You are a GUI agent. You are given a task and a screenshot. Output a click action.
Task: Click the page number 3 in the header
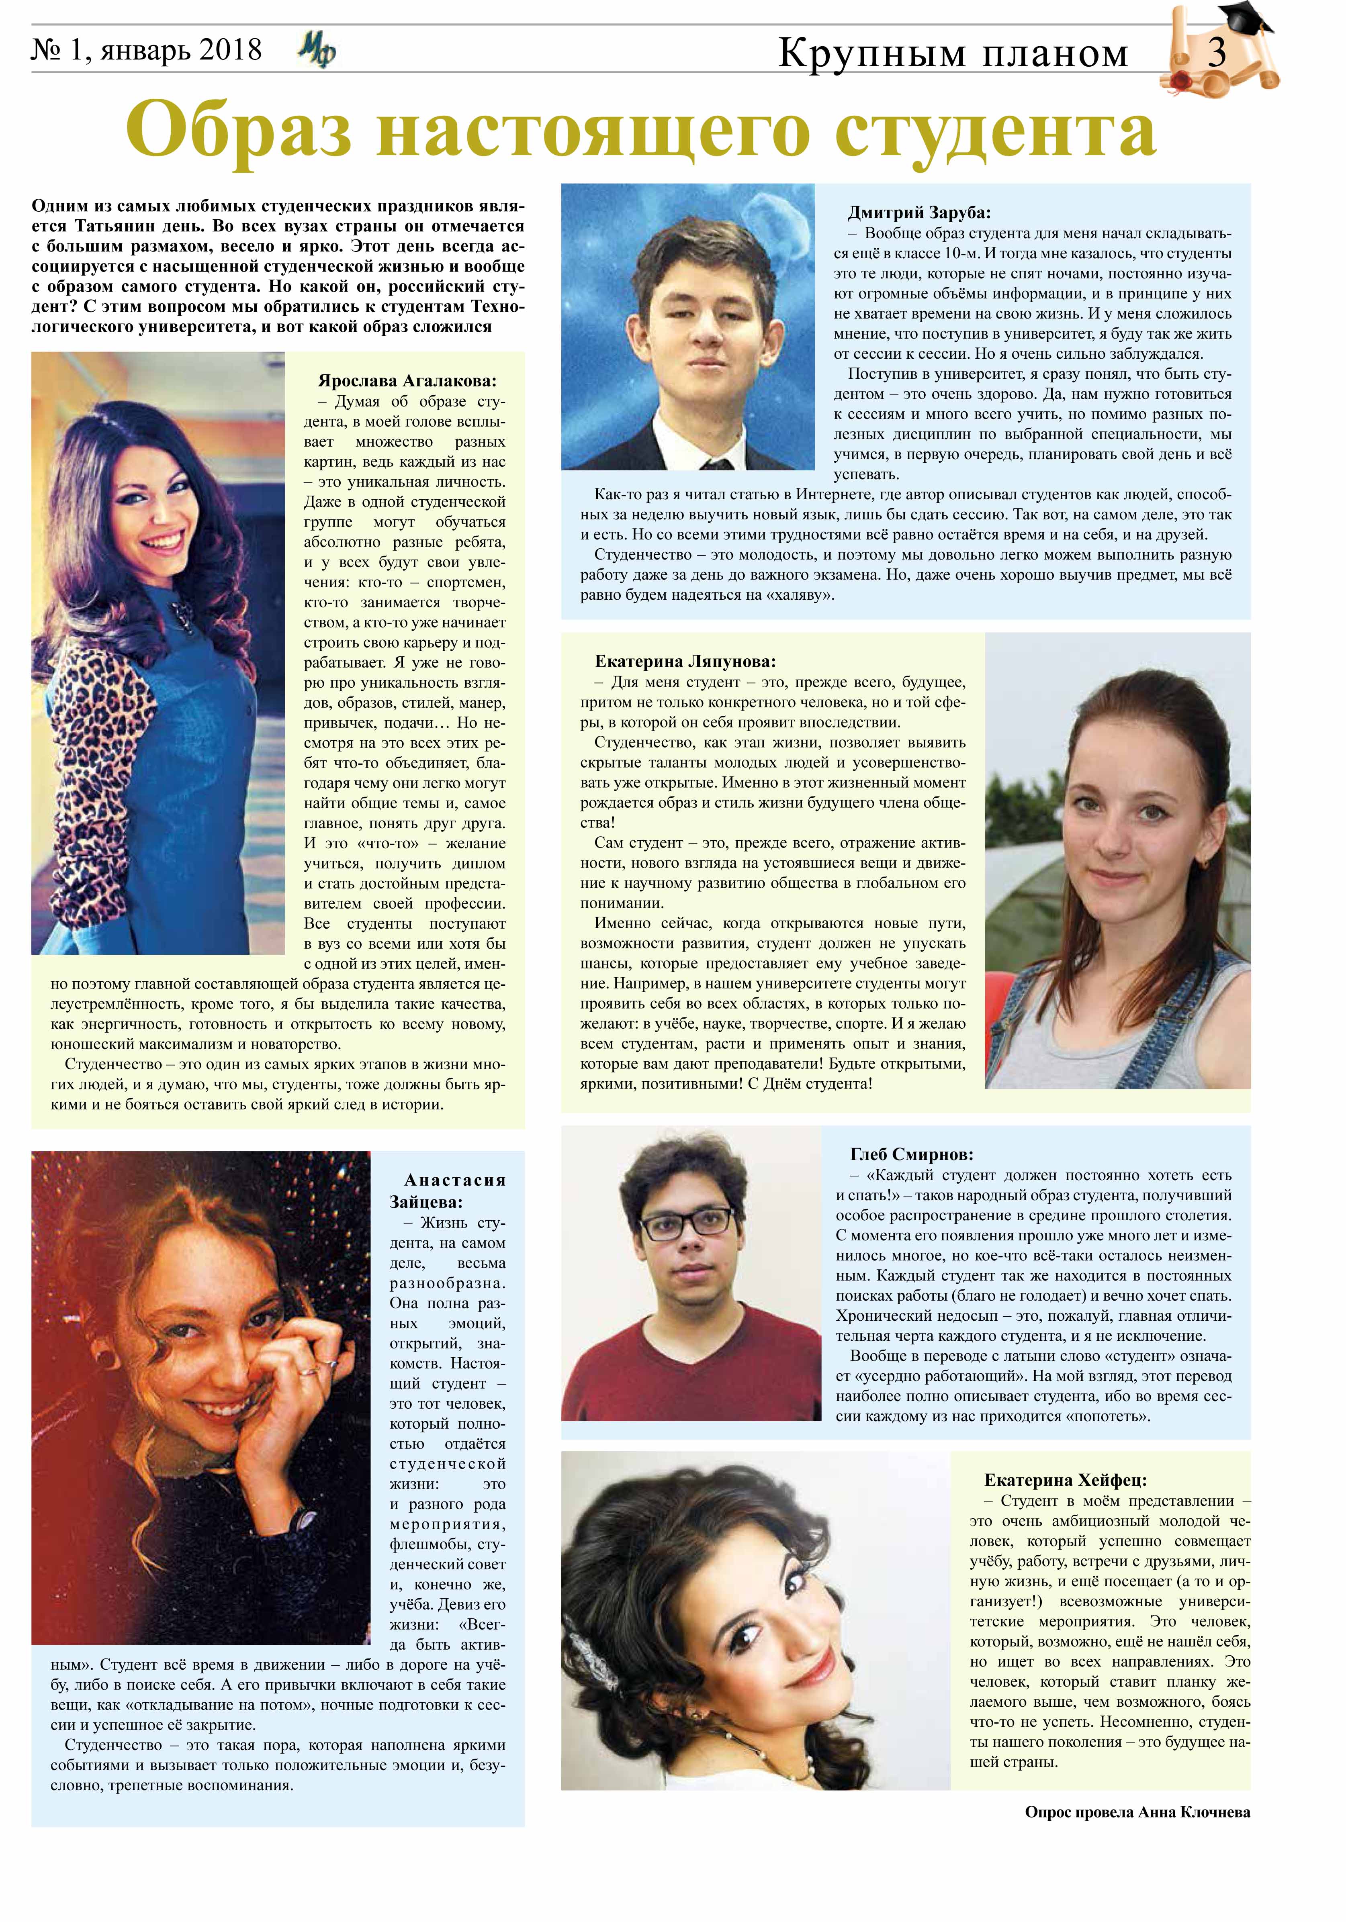1216,53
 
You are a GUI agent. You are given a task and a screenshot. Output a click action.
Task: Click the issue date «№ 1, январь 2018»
147,50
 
